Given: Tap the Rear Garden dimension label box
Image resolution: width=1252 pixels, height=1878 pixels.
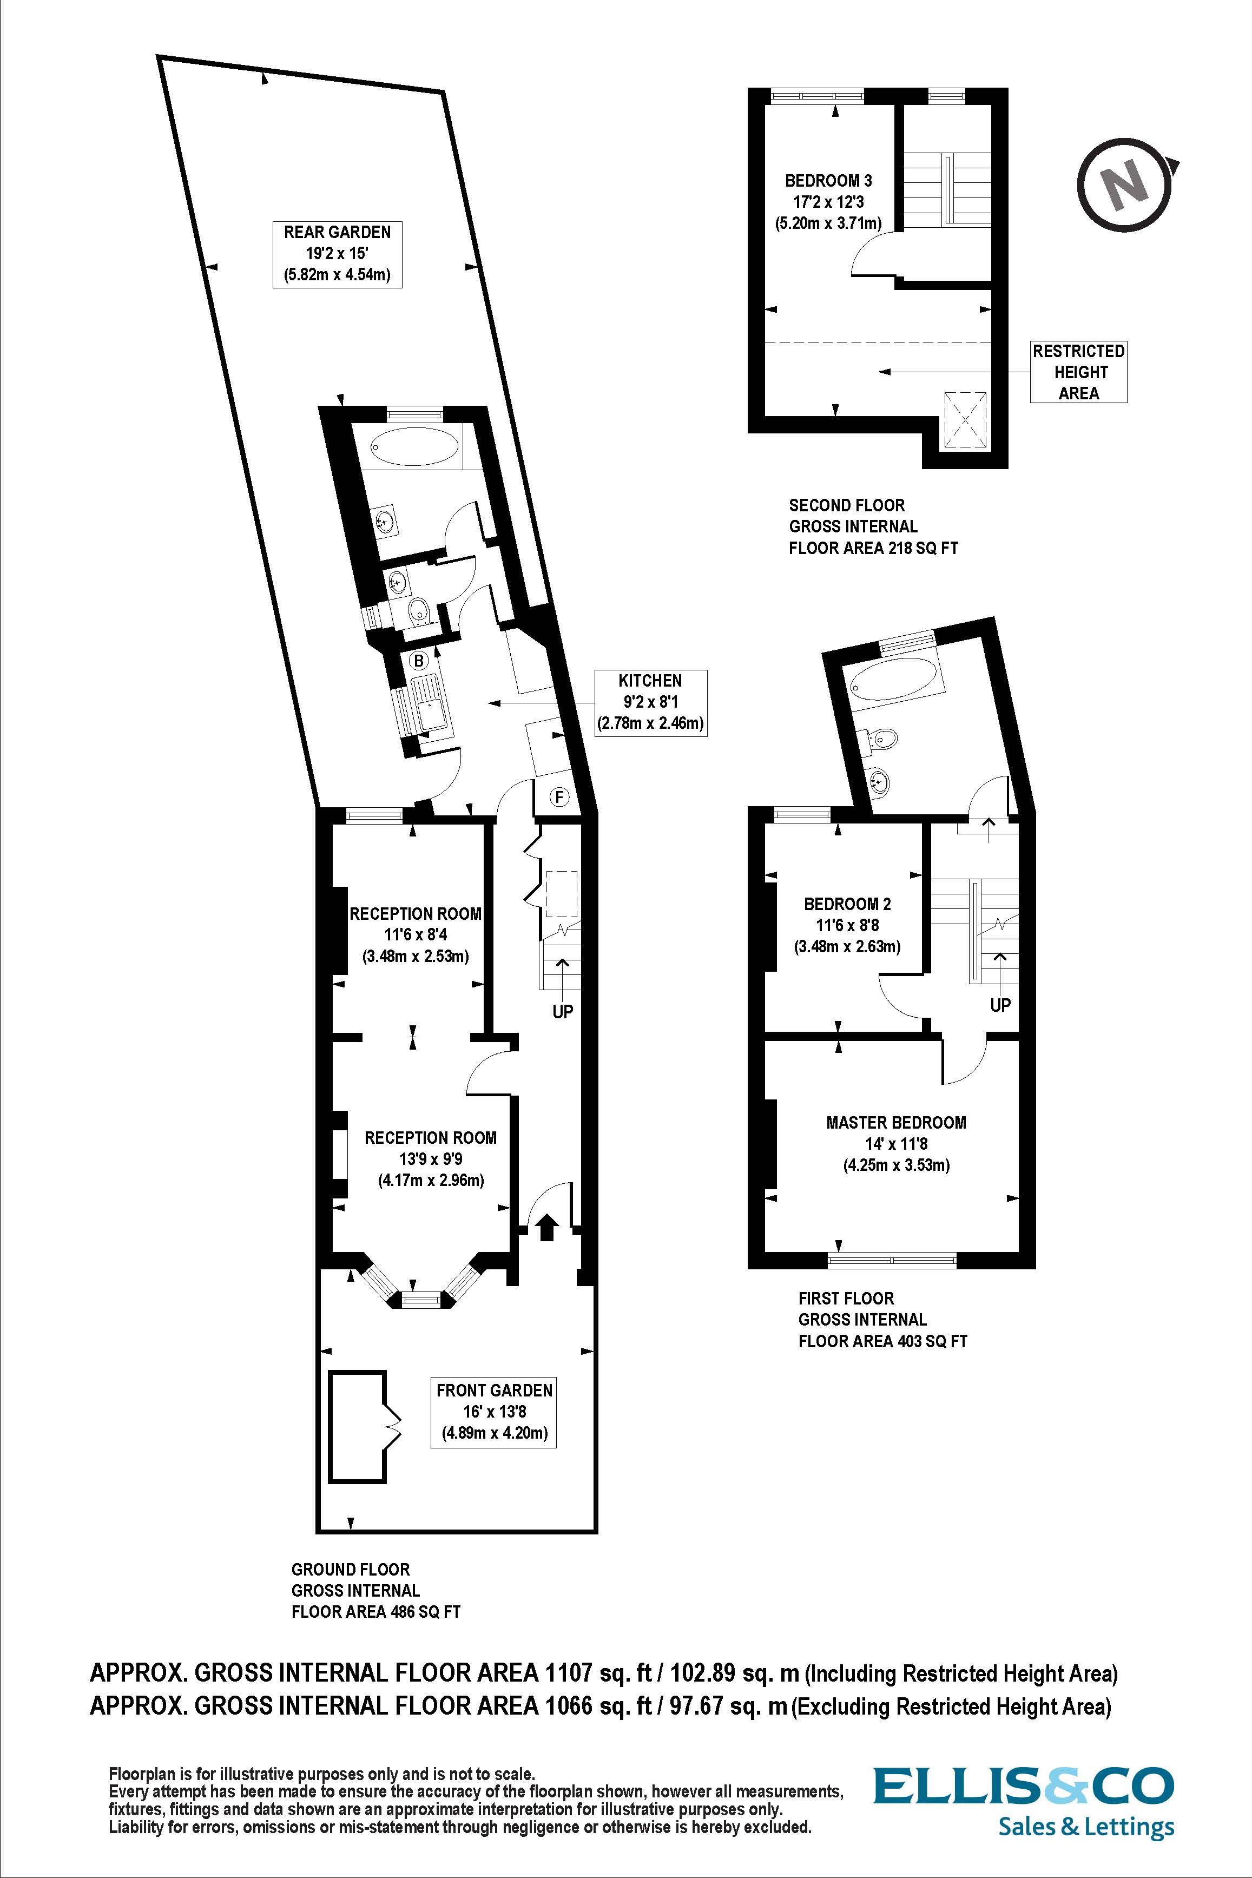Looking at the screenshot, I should coord(337,254).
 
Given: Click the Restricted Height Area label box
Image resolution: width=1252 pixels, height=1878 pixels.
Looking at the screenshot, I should coord(1078,372).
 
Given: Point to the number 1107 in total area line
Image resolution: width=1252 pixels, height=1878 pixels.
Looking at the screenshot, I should coord(568,1673).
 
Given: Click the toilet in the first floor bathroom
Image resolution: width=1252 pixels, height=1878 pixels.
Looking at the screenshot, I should coord(881,738).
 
